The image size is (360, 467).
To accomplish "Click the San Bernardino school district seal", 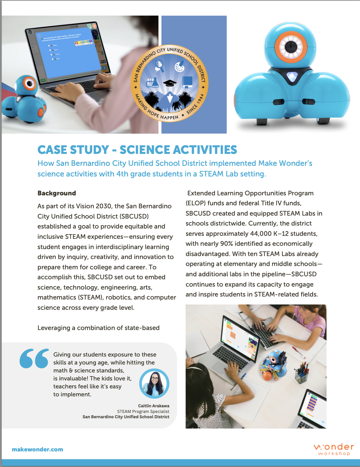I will pos(170,83).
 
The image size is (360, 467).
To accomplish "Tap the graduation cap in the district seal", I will pos(169,83).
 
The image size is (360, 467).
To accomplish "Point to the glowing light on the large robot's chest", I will pos(292,77).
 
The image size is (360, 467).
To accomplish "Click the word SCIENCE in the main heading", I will pos(146,150).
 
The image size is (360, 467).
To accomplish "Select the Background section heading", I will pos(57,193).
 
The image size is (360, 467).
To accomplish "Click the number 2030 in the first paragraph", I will pos(103,206).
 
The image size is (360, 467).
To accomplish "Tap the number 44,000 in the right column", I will pos(261,233).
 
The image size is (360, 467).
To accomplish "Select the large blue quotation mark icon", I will pos(34,359).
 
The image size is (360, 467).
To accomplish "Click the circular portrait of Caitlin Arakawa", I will pos(154,383).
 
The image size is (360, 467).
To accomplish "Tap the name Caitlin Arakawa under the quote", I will pos(153,406).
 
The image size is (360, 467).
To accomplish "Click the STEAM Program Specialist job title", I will pos(143,411).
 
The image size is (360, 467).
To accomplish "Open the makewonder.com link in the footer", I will pos(37,449).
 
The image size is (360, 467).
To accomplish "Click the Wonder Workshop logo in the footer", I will pos(333,449).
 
